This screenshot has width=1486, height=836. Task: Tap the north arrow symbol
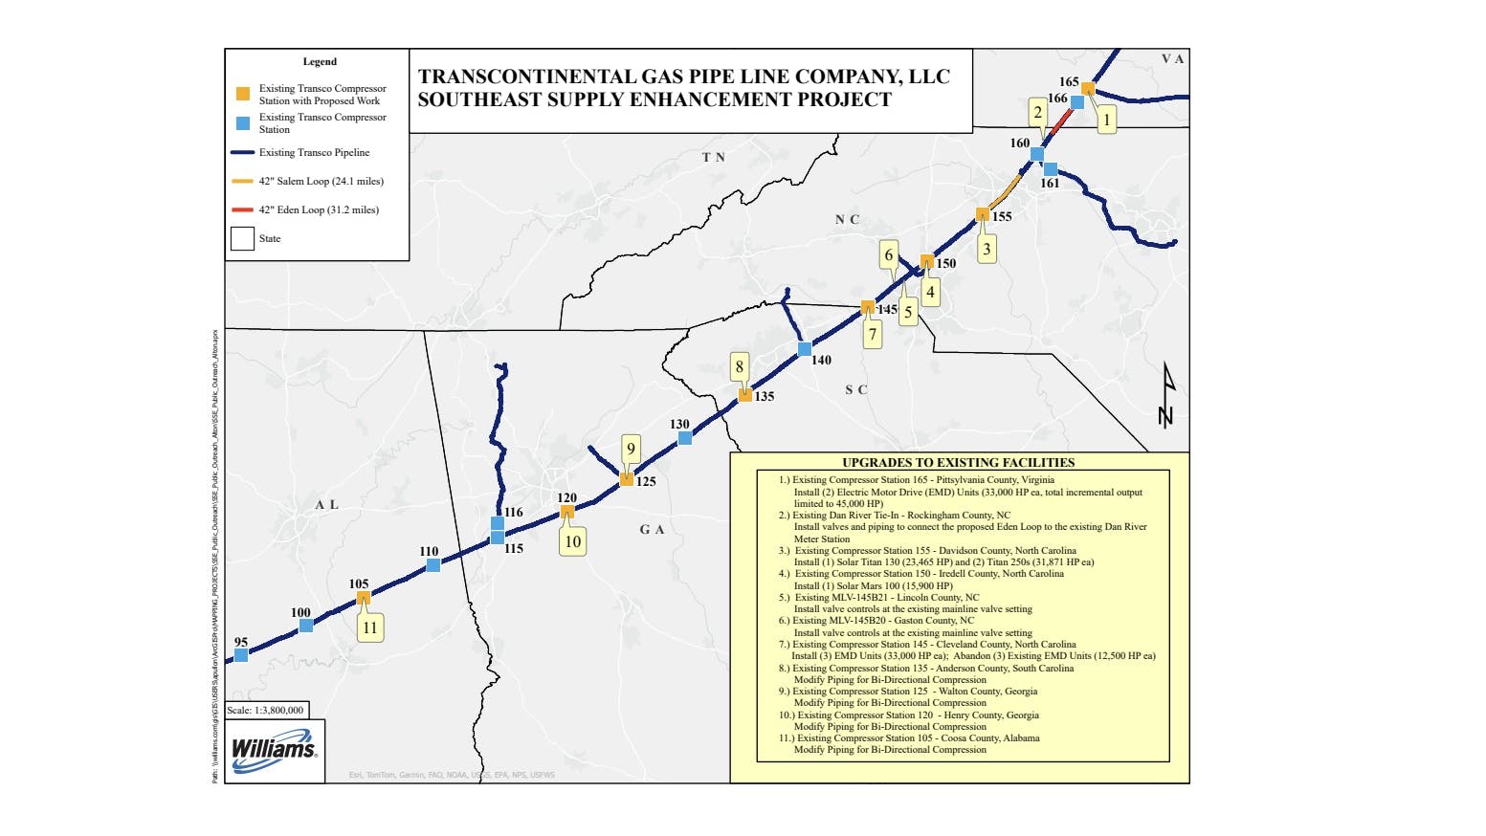coord(1165,395)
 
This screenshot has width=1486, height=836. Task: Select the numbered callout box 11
coord(369,627)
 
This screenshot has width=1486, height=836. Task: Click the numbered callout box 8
coord(739,366)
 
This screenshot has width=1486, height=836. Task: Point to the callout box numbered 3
coord(987,249)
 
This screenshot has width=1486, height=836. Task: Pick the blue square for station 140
coord(805,349)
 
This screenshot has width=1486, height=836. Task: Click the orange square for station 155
coord(982,214)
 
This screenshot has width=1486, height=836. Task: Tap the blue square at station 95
coord(241,655)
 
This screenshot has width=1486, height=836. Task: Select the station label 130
coord(679,424)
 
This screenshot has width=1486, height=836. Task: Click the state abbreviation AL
coord(326,504)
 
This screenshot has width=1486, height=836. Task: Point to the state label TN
coord(713,157)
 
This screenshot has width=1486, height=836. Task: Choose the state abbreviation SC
coord(856,389)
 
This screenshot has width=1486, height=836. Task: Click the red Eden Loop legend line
coord(242,209)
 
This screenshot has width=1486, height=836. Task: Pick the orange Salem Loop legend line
coord(242,181)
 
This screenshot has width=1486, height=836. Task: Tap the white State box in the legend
coord(242,238)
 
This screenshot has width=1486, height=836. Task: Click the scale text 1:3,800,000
coord(267,710)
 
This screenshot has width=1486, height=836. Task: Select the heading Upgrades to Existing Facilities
coord(958,462)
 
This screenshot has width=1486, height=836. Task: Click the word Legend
coord(320,61)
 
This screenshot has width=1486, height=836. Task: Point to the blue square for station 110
coord(433,565)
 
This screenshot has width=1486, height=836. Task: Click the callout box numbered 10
coord(572,541)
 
